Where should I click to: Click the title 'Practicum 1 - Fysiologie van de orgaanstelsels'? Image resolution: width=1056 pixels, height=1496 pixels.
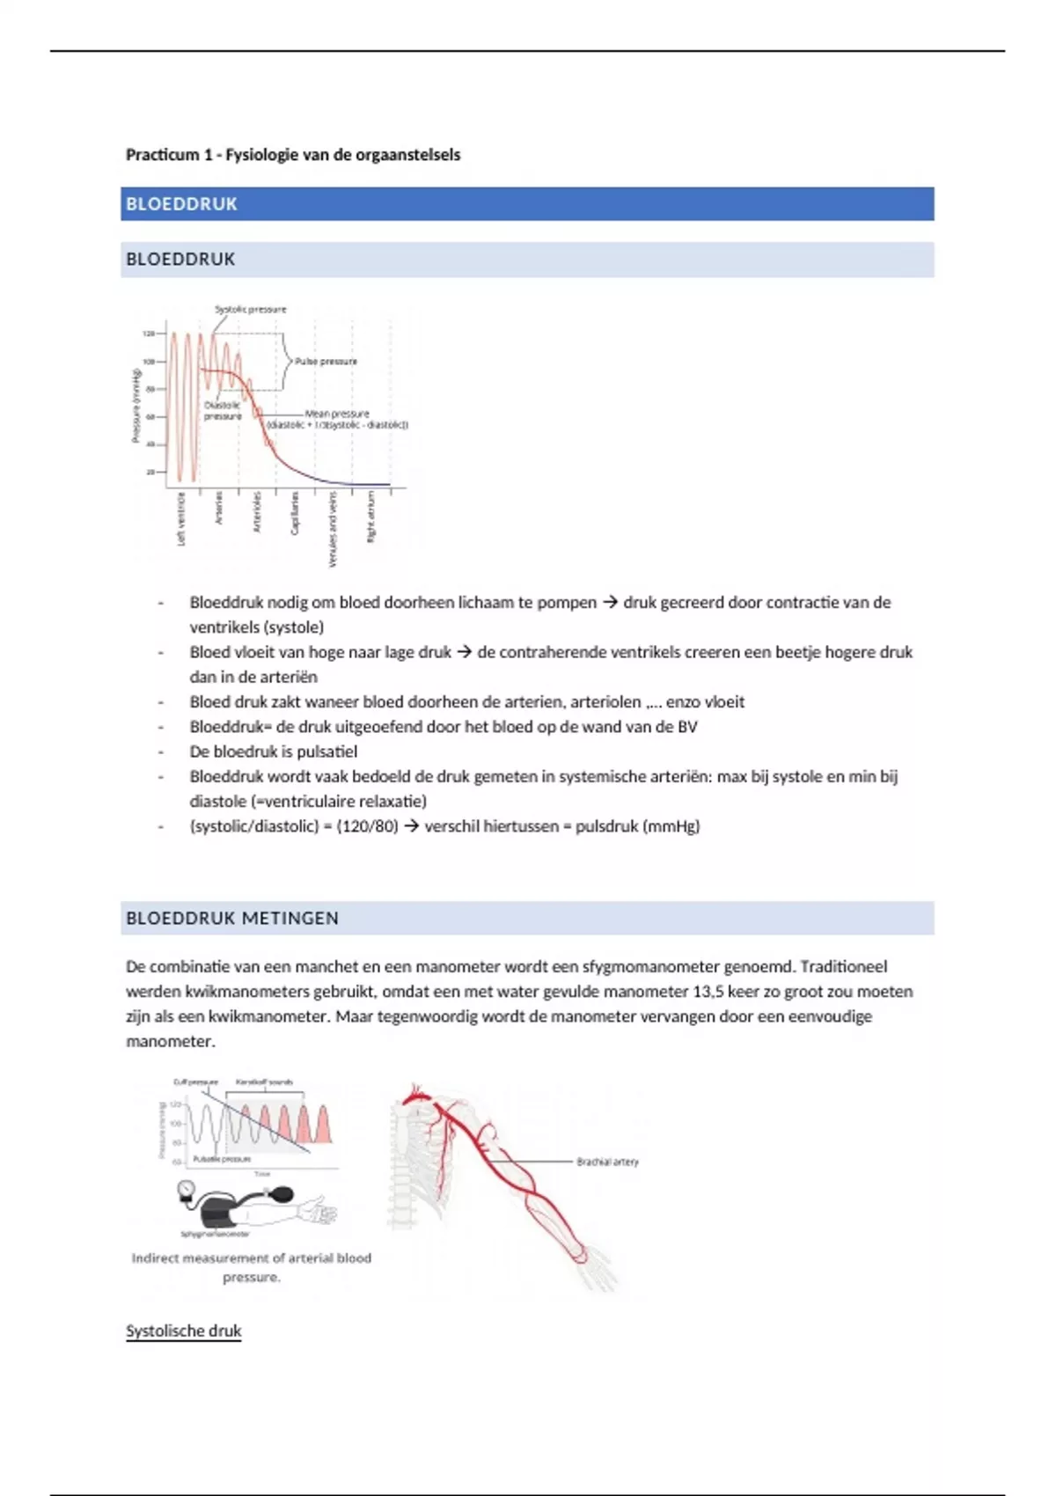[x=292, y=155]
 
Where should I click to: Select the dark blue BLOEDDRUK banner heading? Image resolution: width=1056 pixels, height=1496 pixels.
[x=182, y=204]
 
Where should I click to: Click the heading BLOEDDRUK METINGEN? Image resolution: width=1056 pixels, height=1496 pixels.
[x=232, y=919]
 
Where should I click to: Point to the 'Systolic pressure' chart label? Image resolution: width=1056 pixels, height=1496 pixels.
[x=251, y=310]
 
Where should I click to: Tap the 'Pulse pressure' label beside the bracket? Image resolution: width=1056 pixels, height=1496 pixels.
[x=326, y=362]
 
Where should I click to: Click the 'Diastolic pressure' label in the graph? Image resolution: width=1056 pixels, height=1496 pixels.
[x=222, y=411]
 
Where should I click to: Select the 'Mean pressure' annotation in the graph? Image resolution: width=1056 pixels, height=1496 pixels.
[x=337, y=414]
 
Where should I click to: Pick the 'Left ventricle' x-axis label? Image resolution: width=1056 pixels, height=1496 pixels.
[x=181, y=518]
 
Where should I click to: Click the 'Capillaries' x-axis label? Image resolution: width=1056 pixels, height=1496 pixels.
[x=295, y=512]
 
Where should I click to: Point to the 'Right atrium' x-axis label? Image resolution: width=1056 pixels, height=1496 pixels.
[x=371, y=517]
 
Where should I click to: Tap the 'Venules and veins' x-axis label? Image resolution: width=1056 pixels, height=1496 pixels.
[x=333, y=528]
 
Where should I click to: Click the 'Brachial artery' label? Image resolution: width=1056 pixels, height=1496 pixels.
[x=607, y=1162]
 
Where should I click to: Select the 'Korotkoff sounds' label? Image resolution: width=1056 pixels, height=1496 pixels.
[x=264, y=1082]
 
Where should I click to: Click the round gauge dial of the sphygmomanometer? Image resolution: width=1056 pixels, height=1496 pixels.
[x=186, y=1191]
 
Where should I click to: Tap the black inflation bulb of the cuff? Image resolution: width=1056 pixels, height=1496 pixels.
[x=282, y=1194]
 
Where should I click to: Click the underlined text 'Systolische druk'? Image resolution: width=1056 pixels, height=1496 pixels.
[x=183, y=1331]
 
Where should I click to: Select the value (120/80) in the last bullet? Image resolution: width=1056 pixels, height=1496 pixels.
[x=367, y=826]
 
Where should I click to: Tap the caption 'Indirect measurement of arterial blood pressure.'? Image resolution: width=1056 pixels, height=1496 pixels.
[x=251, y=1267]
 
